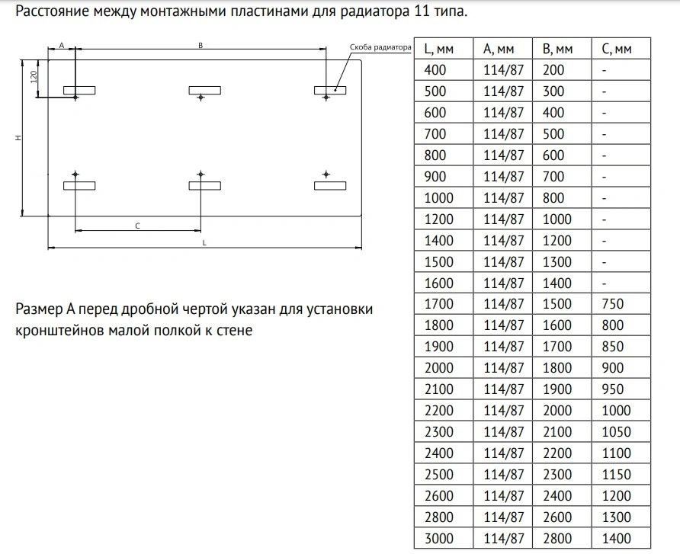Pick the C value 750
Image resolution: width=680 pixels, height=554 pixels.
(x=612, y=304)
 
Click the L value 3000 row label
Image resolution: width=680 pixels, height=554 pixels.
(x=438, y=539)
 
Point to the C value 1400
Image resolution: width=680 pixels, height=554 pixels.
(x=616, y=539)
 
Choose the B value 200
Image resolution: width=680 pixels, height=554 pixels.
(x=553, y=70)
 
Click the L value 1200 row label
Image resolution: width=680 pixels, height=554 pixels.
(x=438, y=219)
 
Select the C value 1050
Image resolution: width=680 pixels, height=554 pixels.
(x=616, y=432)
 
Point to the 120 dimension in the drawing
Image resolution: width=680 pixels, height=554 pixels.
(x=34, y=77)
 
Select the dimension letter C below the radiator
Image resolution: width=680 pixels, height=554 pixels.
(x=137, y=226)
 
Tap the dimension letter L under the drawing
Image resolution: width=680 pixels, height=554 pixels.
(x=204, y=242)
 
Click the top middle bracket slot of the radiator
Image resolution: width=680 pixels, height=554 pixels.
(x=204, y=91)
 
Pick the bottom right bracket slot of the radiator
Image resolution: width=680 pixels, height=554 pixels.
(x=330, y=185)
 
